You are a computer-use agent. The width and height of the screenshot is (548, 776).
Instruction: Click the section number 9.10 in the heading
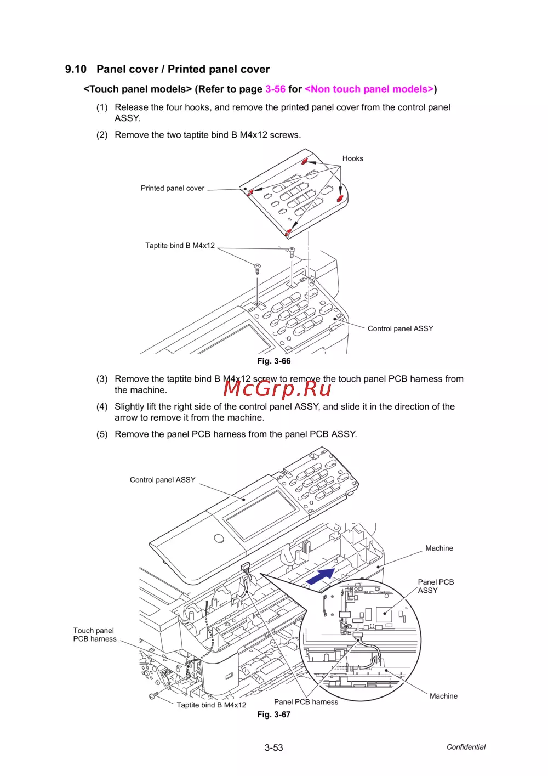click(76, 69)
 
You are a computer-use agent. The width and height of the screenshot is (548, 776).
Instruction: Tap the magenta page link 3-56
click(275, 89)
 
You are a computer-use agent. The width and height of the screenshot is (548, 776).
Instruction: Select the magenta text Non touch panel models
click(369, 89)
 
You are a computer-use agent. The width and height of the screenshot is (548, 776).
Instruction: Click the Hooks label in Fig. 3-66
click(353, 158)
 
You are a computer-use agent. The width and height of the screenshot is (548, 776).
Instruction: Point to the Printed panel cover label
click(173, 188)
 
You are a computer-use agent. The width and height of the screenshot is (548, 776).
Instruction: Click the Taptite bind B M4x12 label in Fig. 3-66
click(180, 246)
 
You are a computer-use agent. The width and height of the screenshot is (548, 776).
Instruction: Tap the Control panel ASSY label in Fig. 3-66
click(400, 328)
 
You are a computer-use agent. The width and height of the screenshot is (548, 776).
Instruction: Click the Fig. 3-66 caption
click(274, 361)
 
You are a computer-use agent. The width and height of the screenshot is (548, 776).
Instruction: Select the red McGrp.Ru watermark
click(277, 388)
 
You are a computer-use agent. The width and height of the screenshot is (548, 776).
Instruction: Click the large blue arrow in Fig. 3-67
click(321, 576)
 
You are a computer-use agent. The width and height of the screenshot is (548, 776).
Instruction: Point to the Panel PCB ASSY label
click(436, 586)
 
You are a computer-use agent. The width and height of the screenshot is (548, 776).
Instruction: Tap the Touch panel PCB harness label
click(94, 635)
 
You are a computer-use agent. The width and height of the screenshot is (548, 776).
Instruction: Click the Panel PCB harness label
click(306, 702)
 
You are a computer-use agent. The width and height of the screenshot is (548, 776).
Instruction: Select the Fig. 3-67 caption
click(274, 715)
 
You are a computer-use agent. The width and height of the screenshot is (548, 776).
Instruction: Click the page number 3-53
click(274, 747)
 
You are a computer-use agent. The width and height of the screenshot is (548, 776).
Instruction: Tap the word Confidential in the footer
click(466, 747)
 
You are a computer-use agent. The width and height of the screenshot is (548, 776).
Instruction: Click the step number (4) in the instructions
click(102, 406)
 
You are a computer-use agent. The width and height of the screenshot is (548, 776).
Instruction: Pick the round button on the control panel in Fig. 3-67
click(219, 539)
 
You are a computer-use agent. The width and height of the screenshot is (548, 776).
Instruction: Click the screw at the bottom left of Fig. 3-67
click(153, 695)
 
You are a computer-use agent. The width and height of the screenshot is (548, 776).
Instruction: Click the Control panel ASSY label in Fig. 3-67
click(162, 479)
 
